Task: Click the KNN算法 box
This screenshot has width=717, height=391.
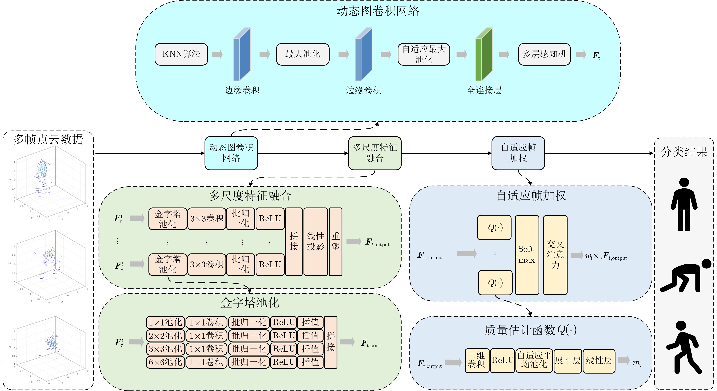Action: [x=181, y=54]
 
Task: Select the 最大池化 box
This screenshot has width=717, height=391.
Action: [x=303, y=54]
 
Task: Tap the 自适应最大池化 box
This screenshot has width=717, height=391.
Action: [x=424, y=54]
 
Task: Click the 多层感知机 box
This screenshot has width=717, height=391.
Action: [x=544, y=54]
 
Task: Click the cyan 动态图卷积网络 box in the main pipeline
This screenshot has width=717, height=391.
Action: [x=231, y=153]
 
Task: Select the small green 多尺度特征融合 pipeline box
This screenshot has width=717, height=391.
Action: [x=375, y=153]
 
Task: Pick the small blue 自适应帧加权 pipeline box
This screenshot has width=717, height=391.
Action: [x=518, y=153]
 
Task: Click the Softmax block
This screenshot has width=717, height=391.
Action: [x=527, y=255]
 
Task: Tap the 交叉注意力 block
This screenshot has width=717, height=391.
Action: [x=555, y=255]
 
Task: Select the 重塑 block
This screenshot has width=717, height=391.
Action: [x=335, y=241]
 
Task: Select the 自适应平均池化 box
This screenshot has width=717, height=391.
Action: [x=534, y=360]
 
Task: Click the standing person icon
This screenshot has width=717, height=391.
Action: [x=684, y=204]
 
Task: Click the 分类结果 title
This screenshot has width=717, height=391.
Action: [x=684, y=152]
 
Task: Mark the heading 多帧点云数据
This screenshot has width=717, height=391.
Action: [x=48, y=139]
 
